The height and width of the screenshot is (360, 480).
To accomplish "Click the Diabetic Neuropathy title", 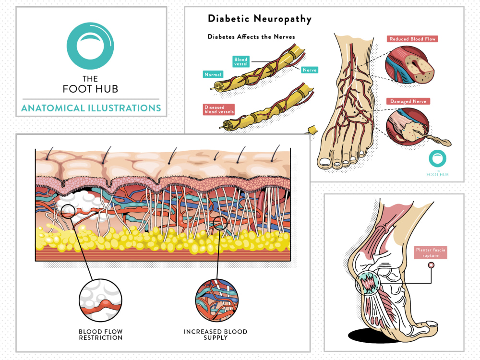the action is pos(260,19).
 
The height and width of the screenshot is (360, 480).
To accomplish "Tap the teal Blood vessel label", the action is pos(241,61).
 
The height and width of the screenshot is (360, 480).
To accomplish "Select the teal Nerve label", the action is pos(310,70).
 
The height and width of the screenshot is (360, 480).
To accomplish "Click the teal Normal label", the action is pos(213,74).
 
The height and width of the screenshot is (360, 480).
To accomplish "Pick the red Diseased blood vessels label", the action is pos(219,109).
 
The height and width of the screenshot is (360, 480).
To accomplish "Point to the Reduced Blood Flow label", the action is pos(412,39).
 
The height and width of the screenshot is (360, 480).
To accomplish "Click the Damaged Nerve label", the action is pos(408,101).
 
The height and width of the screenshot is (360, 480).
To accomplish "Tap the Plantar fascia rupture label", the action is pos(431,252).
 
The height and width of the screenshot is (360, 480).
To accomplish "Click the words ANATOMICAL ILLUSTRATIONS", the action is pos(91,108).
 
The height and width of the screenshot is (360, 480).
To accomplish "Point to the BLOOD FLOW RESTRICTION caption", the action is pos(101,335).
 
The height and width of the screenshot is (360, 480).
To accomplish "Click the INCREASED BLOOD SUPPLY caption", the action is pos(216,335).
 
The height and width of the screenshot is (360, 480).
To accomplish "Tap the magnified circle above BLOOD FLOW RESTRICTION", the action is pos(100,300).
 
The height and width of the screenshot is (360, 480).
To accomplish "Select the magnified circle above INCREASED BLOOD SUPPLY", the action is pos(216,300).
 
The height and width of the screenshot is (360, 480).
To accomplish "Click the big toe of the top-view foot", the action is pos(324,162).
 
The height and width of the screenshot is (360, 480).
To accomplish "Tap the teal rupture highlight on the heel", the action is pos(367,283).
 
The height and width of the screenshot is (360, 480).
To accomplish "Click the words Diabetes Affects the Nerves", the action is pos(252,37).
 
